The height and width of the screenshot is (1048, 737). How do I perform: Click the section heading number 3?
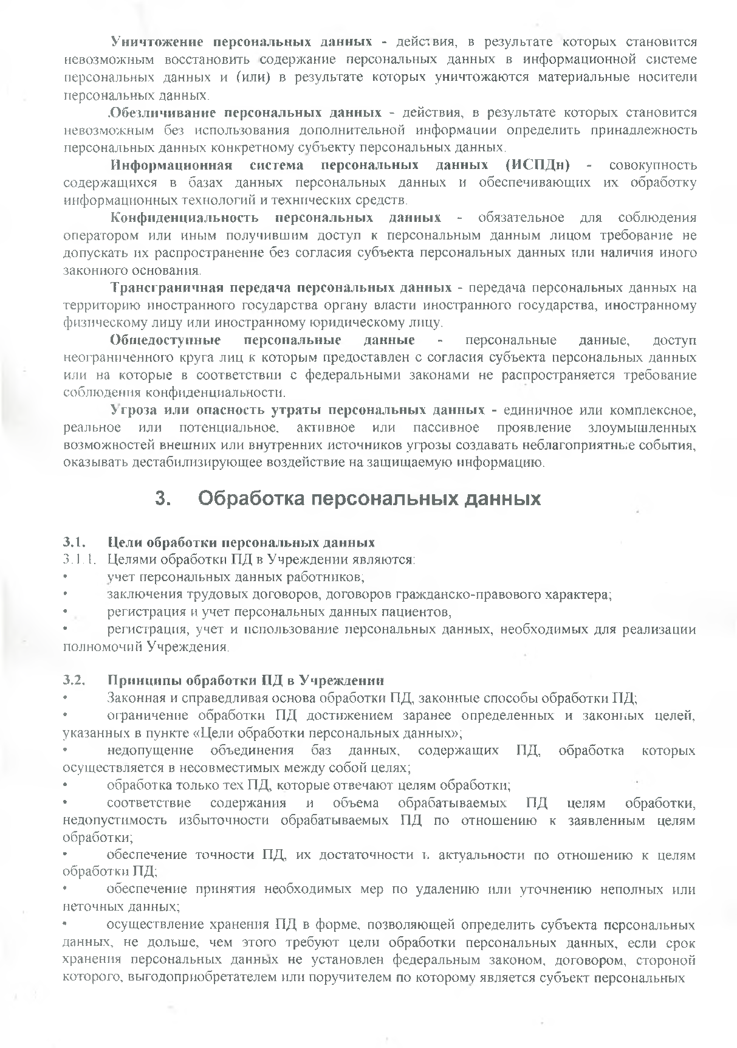pos(163,499)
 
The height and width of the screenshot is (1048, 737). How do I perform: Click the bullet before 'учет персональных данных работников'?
pos(66,576)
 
